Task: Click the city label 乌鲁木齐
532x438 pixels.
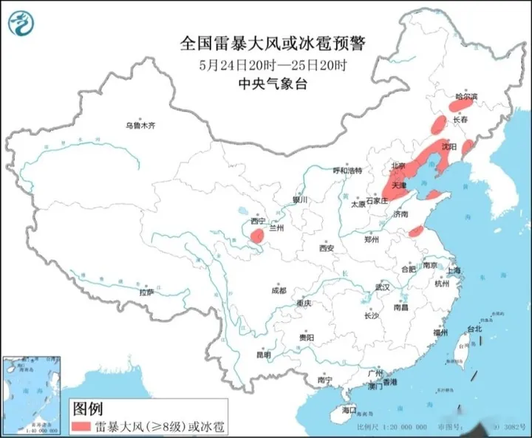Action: [x=140, y=126]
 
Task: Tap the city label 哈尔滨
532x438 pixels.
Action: [x=466, y=97]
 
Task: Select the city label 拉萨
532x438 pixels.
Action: [x=146, y=292]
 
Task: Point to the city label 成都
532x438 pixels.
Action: [x=278, y=290]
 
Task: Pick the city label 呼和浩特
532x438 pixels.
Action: [x=347, y=171]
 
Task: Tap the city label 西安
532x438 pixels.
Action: [x=327, y=247]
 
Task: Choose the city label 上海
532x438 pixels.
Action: [x=452, y=271]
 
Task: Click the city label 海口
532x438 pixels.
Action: [x=349, y=409]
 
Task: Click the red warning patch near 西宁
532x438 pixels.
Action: [x=257, y=236]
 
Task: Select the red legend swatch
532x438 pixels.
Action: [x=80, y=427]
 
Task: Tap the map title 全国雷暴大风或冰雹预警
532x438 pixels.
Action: [x=273, y=44]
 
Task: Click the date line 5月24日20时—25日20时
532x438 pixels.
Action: [x=273, y=65]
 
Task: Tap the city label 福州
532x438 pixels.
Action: [x=441, y=333]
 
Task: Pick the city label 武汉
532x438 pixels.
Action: [x=381, y=286]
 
